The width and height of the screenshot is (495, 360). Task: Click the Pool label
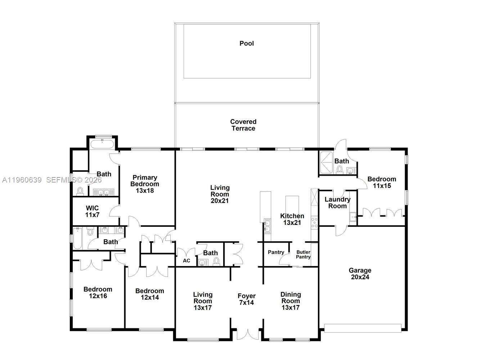[x=247, y=44]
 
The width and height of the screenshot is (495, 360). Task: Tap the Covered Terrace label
[x=243, y=125]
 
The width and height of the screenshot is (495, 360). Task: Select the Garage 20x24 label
[x=360, y=274]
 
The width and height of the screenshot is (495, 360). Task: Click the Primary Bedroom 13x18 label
[x=145, y=184]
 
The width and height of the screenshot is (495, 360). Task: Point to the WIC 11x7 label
[x=92, y=212]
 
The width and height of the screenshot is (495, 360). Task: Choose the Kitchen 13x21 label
[x=292, y=219]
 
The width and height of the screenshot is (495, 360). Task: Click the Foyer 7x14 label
[x=247, y=300]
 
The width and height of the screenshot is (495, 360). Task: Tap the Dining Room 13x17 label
[x=291, y=301]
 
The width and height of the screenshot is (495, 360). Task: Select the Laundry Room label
[x=337, y=203]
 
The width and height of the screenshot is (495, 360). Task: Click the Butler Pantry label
[x=303, y=255]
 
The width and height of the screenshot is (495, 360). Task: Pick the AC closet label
[x=186, y=261]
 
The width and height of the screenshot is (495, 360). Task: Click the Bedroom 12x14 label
[x=149, y=294]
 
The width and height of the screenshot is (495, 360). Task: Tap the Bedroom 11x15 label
[x=382, y=183]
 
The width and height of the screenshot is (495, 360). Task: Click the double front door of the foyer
[x=247, y=334]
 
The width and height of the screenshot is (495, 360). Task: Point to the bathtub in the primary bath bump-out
[x=102, y=145]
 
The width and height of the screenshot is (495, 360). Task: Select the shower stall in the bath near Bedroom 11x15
[x=327, y=163]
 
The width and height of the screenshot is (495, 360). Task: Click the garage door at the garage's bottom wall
[x=363, y=328]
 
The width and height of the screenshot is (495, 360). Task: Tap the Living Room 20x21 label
[x=220, y=194]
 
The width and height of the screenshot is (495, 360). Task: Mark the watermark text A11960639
[x=22, y=180]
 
